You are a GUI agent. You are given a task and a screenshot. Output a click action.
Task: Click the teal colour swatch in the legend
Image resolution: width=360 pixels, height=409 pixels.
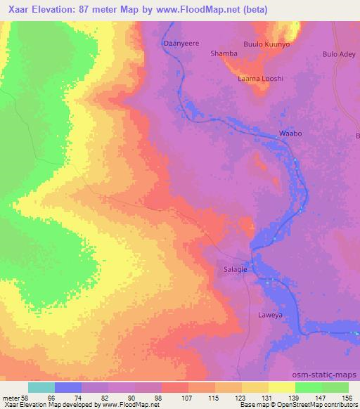pyautogui.click(x=41, y=388)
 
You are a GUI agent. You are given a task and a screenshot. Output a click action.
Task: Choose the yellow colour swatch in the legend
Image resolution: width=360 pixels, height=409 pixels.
pyautogui.click(x=282, y=388)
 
